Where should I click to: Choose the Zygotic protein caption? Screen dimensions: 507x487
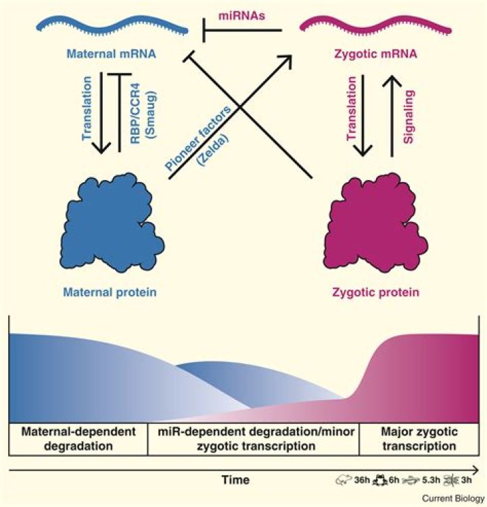(x=375, y=292)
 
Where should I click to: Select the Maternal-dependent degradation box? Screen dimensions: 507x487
(x=78, y=439)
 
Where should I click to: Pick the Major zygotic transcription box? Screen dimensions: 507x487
(x=417, y=439)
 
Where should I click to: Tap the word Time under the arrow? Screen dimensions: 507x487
(x=238, y=480)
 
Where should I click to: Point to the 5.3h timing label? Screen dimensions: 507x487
(x=440, y=480)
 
